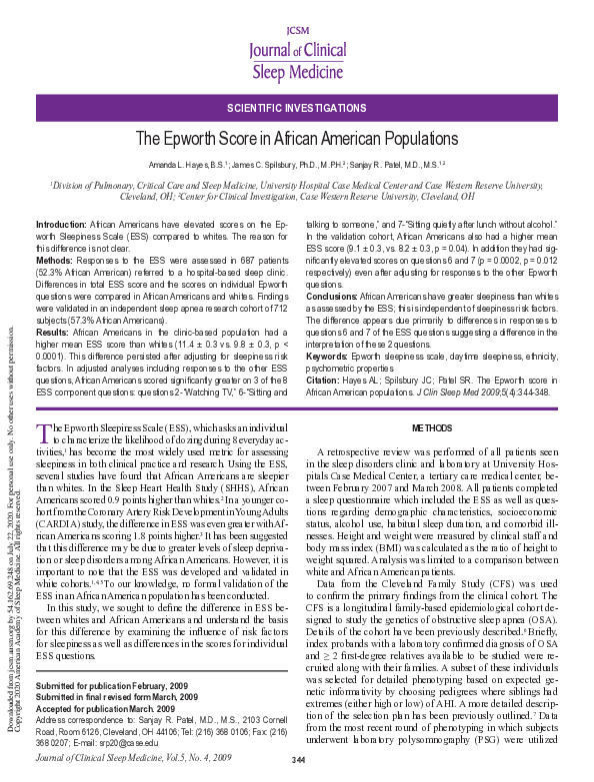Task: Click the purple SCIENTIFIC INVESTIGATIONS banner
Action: pos(296,106)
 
